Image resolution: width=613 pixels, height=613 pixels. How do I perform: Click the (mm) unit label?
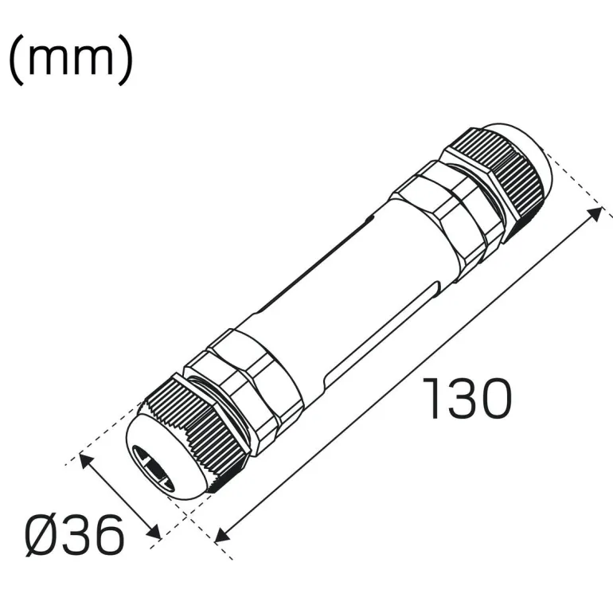click(71, 61)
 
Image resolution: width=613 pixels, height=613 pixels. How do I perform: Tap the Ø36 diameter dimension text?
click(75, 535)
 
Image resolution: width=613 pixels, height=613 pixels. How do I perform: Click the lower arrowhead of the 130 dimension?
click(221, 535)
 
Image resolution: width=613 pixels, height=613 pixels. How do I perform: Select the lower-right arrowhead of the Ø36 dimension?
click(154, 532)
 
